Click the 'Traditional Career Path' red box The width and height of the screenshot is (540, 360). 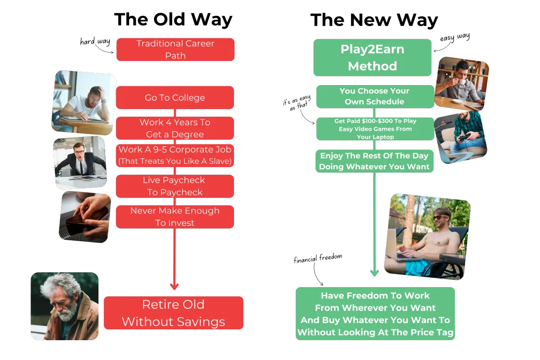click(x=175, y=49)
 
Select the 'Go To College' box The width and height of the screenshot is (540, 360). click(x=175, y=98)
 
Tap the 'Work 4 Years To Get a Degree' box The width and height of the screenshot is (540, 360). click(x=175, y=128)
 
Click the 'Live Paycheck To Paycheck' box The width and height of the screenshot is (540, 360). click(x=175, y=186)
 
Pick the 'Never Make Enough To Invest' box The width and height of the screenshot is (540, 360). click(x=175, y=217)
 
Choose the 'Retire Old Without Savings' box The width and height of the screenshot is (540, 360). click(x=174, y=313)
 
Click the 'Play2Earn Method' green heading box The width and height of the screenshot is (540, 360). click(x=372, y=57)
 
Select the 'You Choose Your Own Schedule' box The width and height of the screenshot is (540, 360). click(x=374, y=96)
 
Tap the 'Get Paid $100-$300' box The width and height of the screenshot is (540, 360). click(x=375, y=129)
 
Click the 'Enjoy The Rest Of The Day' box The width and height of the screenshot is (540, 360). click(x=375, y=162)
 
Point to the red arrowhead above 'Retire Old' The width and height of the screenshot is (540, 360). click(x=175, y=286)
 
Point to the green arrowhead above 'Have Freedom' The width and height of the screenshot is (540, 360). click(x=374, y=273)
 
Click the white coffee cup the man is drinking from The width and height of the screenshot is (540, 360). click(x=462, y=81)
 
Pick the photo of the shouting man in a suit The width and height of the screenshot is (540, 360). click(x=80, y=162)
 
